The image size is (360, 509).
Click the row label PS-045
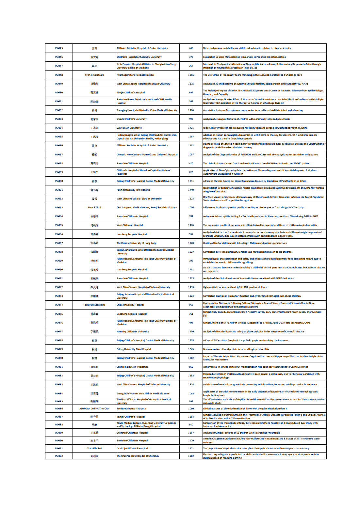coord(59,48)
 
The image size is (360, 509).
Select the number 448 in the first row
coord(191,48)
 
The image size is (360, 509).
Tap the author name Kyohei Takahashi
coord(94,75)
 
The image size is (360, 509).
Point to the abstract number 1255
coord(191,75)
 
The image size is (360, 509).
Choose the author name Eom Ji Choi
coord(94,207)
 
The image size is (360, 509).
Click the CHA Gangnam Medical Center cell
coord(147,207)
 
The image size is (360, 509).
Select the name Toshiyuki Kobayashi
coord(94,305)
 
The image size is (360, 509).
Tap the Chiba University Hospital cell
coord(130,305)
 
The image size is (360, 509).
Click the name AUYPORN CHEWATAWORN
coord(94,408)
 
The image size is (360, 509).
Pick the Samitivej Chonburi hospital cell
coord(132,408)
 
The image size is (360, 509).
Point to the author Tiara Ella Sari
coord(94,448)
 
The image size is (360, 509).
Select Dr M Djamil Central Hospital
coord(132,448)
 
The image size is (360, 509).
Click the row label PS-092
coord(59,456)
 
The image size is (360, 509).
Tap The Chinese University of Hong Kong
coord(137,243)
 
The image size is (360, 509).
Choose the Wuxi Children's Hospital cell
coord(130,225)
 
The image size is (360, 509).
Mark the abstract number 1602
coord(191,358)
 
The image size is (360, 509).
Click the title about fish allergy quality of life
coord(245,243)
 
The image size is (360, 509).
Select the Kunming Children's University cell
coord(133,331)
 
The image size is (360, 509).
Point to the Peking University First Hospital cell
coord(133,190)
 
